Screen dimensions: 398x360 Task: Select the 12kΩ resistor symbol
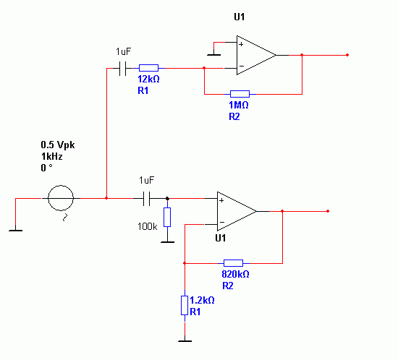[x=148, y=68]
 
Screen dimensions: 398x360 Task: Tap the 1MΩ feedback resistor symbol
[x=240, y=94]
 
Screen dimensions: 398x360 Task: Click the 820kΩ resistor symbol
[x=233, y=263]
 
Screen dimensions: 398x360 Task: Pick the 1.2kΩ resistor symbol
[x=185, y=306]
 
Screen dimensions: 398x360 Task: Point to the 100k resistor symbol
[x=167, y=217]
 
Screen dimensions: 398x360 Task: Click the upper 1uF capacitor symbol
[x=122, y=68]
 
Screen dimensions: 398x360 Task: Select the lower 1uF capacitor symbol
[x=146, y=199]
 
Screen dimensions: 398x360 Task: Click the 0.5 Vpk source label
[x=58, y=145]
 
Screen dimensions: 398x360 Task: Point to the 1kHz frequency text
[x=52, y=156]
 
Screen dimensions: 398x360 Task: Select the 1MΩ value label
[x=238, y=105]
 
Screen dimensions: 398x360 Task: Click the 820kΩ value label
[x=235, y=274]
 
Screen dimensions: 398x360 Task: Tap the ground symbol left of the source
[x=15, y=230]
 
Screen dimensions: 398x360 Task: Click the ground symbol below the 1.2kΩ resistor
[x=185, y=341]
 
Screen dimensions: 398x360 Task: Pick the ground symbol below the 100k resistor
[x=167, y=242]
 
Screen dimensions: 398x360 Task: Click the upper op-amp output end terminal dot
[x=347, y=55]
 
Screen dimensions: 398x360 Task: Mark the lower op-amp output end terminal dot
[x=328, y=211]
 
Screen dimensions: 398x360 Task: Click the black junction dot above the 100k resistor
[x=167, y=199]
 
